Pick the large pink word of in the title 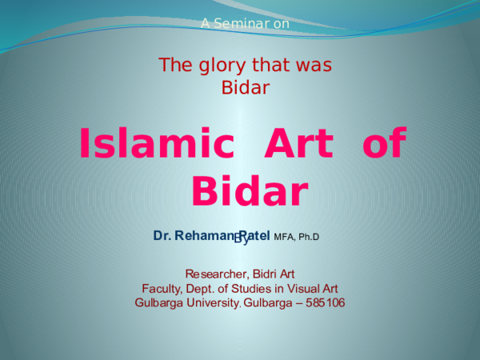tap(384, 146)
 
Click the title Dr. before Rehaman tap(162, 236)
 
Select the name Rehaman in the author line tap(202, 236)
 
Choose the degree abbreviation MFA tap(284, 237)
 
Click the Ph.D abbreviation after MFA tap(310, 237)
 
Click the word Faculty tap(162, 289)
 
